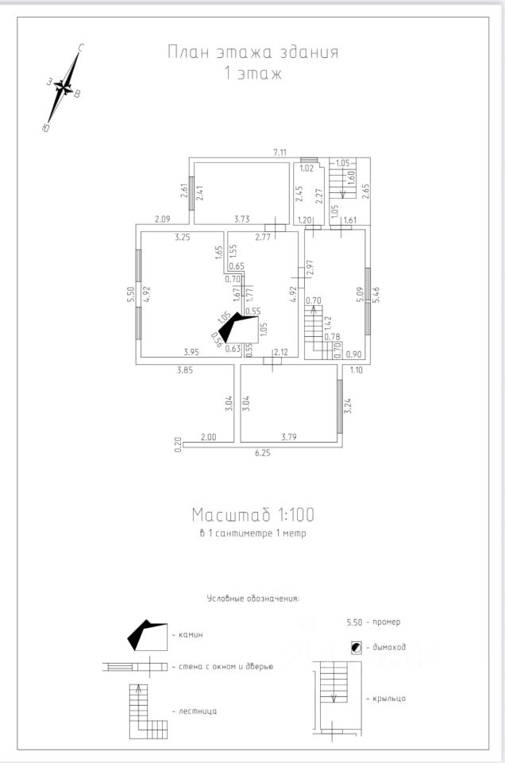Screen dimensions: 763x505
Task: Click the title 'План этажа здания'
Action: click(252, 52)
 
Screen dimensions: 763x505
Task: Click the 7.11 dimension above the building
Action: click(279, 152)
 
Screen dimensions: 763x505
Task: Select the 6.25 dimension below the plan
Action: click(262, 453)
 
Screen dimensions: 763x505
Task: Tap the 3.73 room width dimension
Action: click(243, 219)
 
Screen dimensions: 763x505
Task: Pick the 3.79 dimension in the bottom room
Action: click(290, 436)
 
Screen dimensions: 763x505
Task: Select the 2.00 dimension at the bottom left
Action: click(208, 436)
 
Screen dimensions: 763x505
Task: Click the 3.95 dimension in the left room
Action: click(191, 351)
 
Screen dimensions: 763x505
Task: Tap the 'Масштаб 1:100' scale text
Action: click(252, 513)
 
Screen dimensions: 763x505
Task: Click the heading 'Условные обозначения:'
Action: click(258, 598)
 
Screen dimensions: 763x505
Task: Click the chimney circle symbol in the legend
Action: click(356, 648)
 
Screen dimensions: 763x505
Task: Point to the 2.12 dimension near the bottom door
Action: click(280, 351)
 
